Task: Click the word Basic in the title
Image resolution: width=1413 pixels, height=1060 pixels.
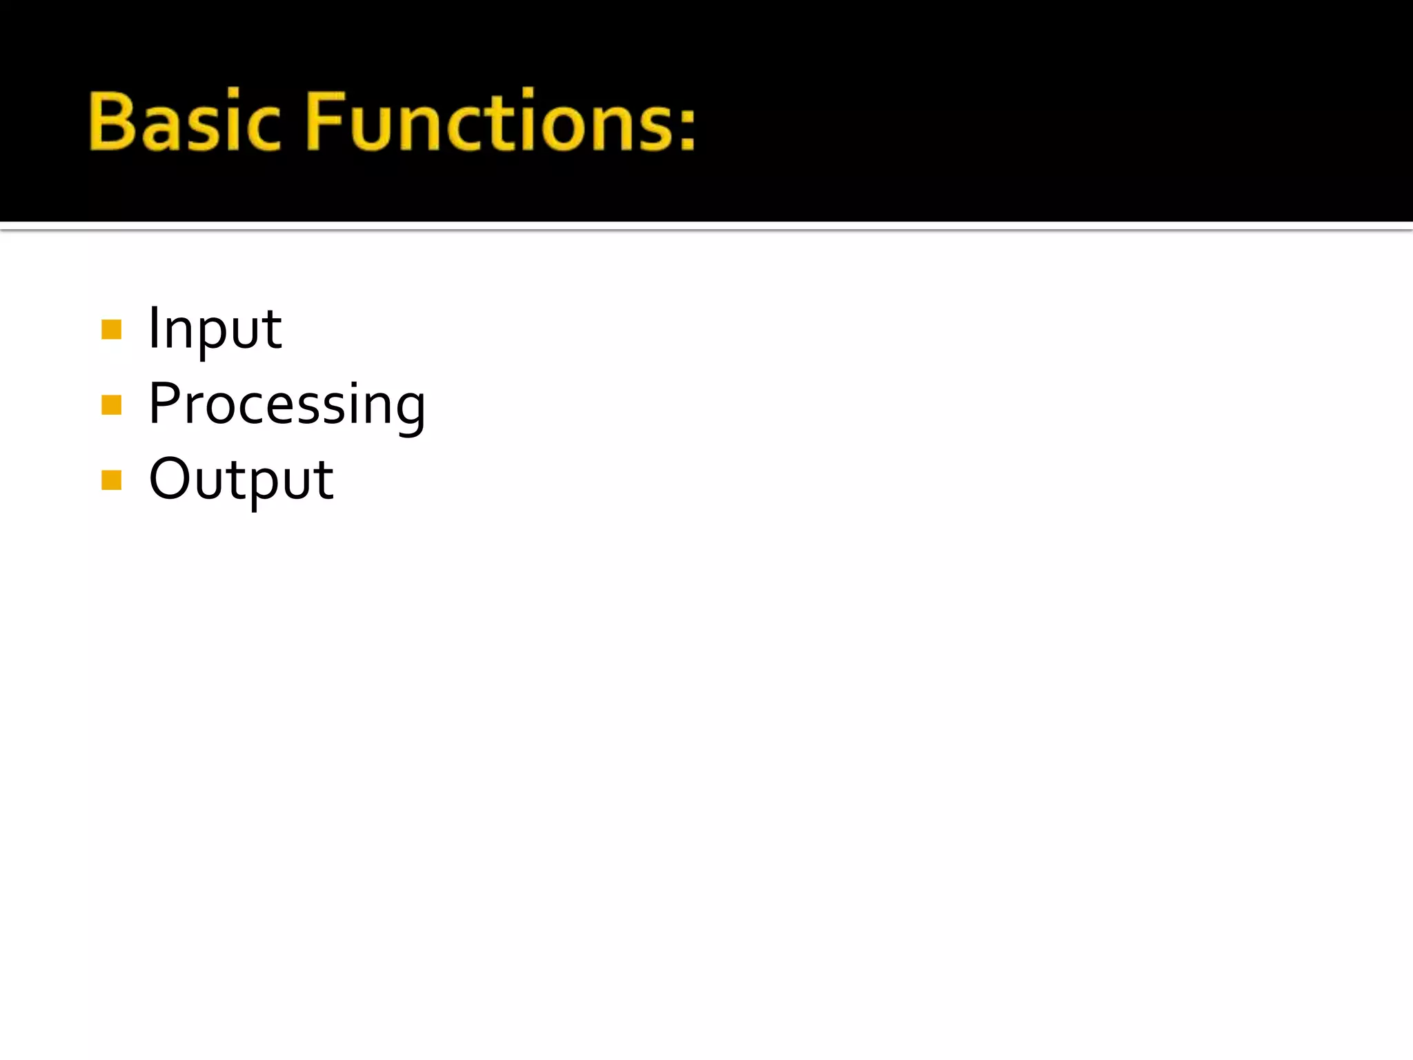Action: click(185, 121)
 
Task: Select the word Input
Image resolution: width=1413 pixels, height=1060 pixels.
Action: click(215, 329)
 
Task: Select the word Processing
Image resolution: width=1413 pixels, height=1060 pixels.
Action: click(287, 405)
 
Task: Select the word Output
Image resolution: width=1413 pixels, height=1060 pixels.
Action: click(241, 480)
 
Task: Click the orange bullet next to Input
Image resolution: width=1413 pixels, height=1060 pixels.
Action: click(111, 330)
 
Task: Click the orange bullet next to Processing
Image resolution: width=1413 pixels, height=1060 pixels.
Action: click(111, 404)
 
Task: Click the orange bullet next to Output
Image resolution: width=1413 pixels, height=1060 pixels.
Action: click(111, 480)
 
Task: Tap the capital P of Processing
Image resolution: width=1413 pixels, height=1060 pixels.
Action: click(166, 403)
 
